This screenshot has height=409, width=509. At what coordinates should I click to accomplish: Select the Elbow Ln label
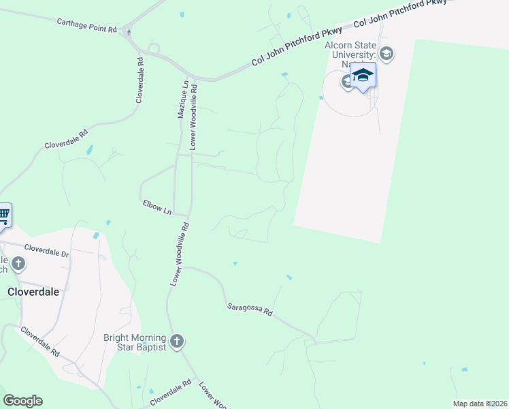(157, 207)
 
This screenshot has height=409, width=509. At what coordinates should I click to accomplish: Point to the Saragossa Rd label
(250, 309)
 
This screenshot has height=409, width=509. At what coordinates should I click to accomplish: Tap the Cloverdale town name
(33, 291)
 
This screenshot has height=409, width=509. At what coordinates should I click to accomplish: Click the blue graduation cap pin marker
(363, 76)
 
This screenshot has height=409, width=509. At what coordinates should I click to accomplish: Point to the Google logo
(22, 401)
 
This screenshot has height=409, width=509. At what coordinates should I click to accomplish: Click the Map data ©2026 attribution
(480, 404)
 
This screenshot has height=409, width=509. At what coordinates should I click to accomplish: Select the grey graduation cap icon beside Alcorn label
(387, 54)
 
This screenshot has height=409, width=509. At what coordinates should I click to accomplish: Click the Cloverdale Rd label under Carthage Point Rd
(140, 80)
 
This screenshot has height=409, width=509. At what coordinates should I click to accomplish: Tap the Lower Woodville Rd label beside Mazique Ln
(193, 117)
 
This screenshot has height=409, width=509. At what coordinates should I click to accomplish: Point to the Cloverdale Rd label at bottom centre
(171, 393)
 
